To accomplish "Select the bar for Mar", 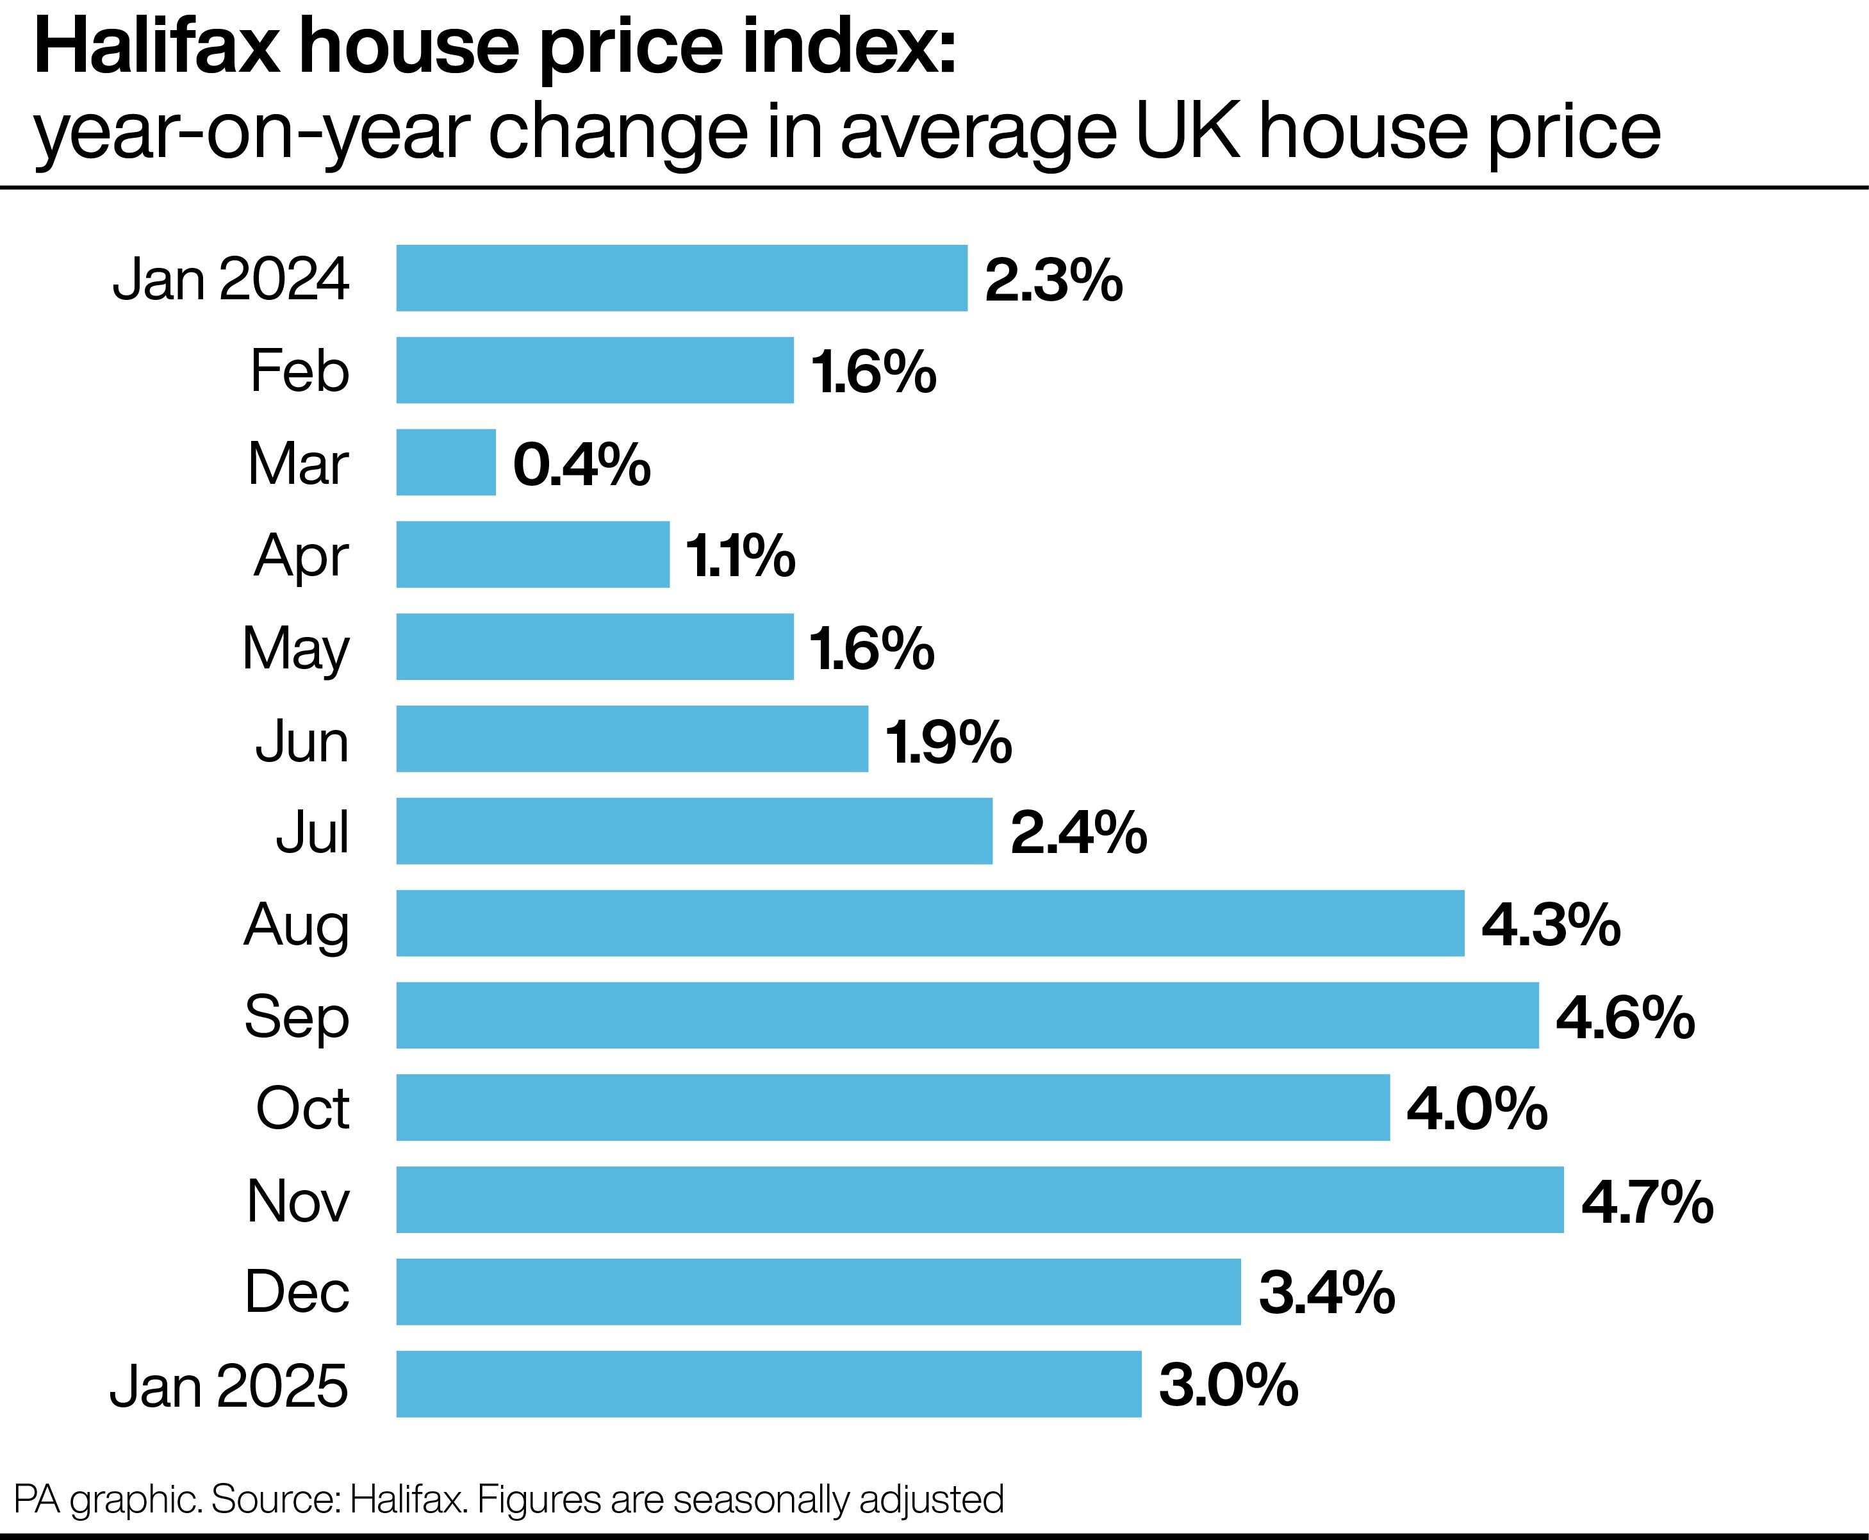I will [445, 462].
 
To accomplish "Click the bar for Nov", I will [979, 1199].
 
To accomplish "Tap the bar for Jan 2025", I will [768, 1384].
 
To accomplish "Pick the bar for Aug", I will [930, 923].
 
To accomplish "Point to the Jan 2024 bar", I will [681, 277].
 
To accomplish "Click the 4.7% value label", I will [1647, 1203].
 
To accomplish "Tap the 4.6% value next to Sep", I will [1625, 1018].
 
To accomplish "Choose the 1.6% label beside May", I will [872, 649].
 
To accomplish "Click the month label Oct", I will [302, 1108].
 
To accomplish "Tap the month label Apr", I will [301, 557].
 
